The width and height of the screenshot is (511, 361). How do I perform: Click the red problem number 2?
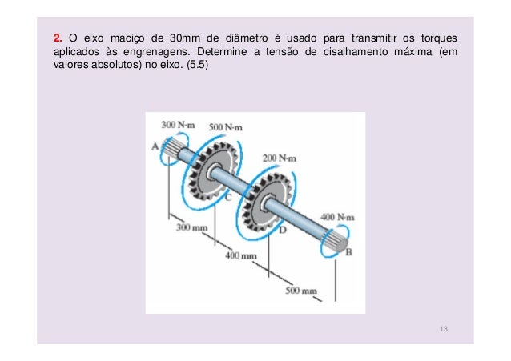coord(56,38)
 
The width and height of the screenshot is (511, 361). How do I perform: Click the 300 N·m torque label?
coord(177,126)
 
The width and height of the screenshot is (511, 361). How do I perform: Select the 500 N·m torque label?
coord(226,127)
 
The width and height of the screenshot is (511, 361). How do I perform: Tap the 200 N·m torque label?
coord(280,158)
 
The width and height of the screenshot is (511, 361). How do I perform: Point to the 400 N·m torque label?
coord(337,217)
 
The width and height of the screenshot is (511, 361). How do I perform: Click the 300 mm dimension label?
coord(191,227)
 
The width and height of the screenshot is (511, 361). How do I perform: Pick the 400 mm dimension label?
coord(240,255)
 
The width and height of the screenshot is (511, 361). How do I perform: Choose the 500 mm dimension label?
coord(302,291)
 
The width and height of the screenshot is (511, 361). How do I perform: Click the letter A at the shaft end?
coord(155,146)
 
